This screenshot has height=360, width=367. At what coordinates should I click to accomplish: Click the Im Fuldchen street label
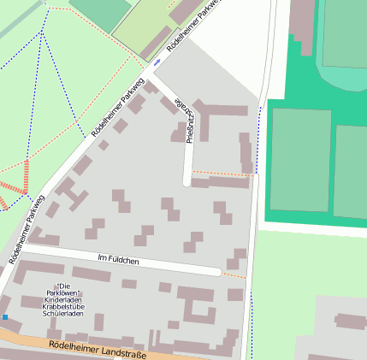(119, 258)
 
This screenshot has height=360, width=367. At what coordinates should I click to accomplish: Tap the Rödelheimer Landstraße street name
(98, 350)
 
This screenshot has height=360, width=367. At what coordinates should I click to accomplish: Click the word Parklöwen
(62, 293)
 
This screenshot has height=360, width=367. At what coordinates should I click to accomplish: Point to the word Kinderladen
(62, 300)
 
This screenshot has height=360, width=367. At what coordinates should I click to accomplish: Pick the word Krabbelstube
(62, 307)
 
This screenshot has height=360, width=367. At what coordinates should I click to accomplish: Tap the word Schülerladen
(62, 314)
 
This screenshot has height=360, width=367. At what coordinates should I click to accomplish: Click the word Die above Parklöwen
(62, 286)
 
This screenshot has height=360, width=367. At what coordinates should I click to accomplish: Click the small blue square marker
(5, 317)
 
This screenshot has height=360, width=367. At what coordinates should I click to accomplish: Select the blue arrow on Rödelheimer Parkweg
(157, 62)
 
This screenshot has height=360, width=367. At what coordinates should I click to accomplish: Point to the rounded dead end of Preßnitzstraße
(187, 181)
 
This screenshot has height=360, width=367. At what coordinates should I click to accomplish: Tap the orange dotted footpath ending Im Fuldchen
(234, 275)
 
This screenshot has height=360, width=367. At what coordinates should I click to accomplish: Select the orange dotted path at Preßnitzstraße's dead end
(221, 174)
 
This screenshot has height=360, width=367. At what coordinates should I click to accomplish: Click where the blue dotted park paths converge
(42, 32)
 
